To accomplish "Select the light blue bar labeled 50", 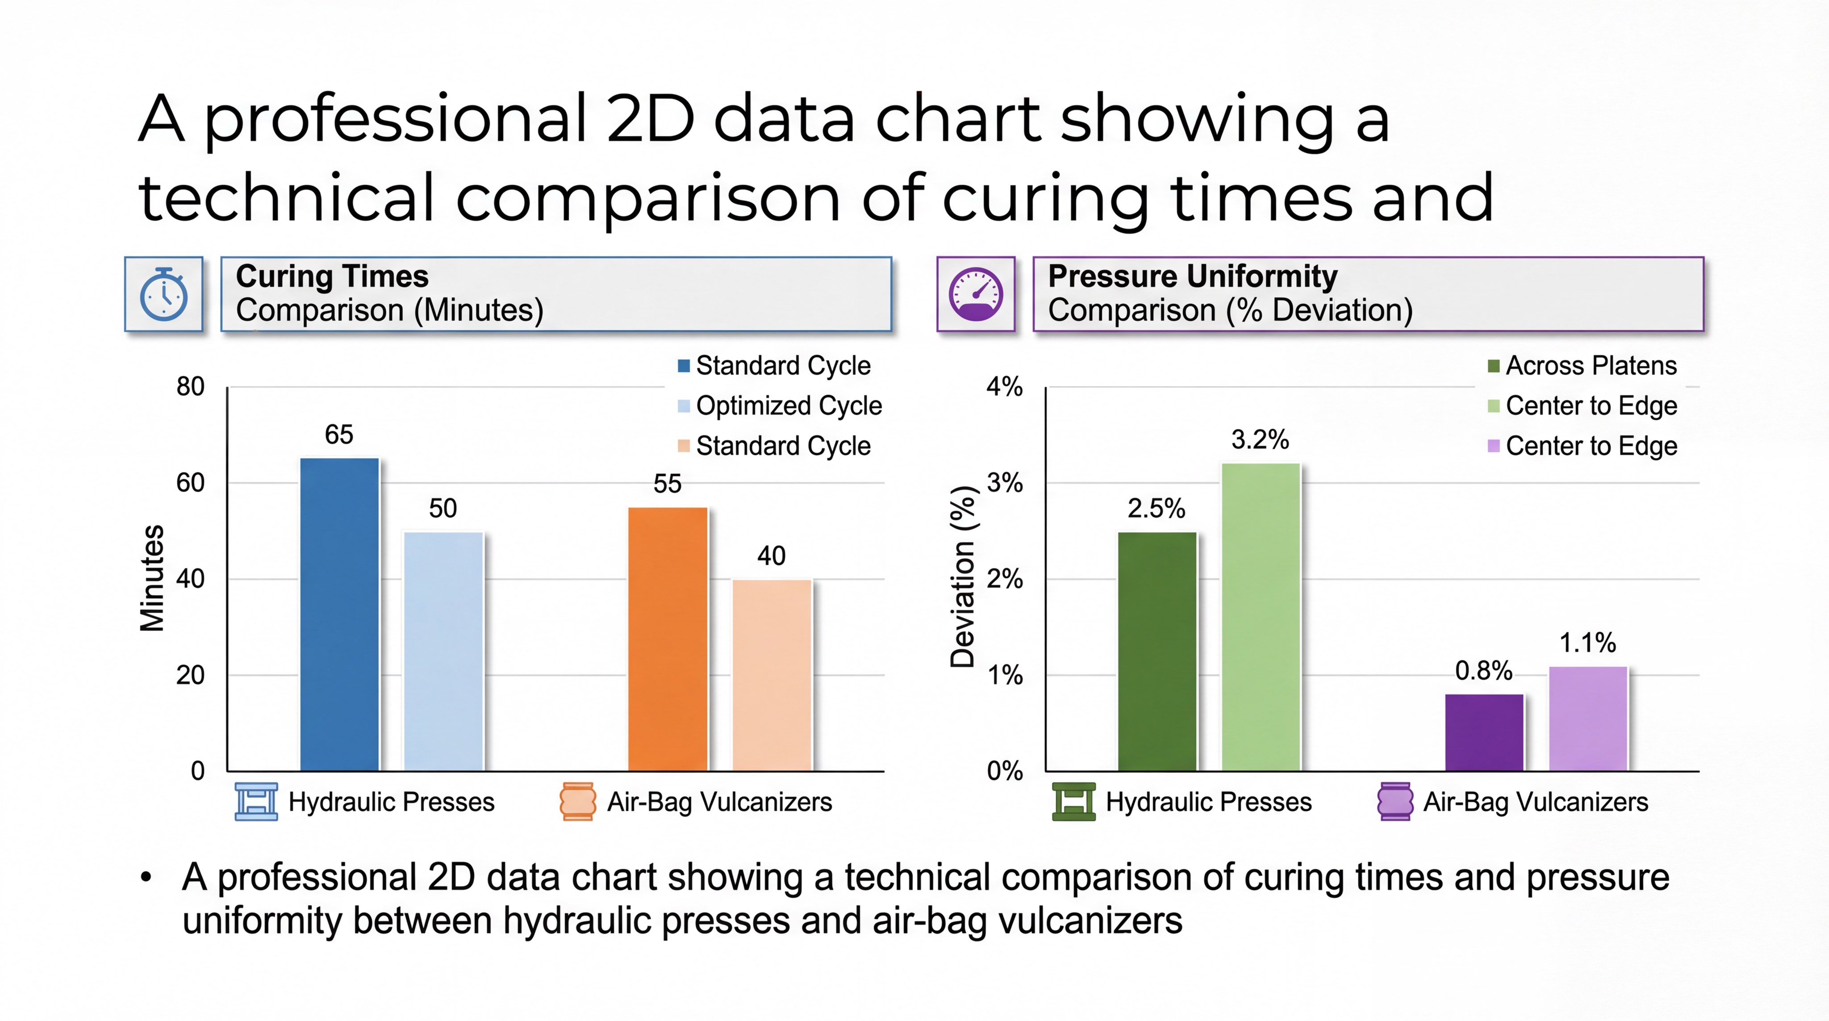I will click(443, 651).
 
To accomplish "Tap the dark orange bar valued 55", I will click(668, 639).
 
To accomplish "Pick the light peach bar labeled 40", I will click(772, 675).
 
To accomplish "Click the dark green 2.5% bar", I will click(1157, 651).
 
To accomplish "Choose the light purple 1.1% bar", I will click(1587, 719).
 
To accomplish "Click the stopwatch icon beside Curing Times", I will click(164, 294).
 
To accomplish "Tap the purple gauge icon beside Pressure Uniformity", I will click(976, 294).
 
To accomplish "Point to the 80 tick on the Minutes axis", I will click(190, 387).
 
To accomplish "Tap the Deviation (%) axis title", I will click(963, 577).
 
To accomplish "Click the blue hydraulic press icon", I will click(256, 802).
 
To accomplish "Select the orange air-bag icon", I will click(577, 802).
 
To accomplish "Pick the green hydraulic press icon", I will click(1073, 802).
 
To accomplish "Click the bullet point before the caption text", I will click(146, 878).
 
